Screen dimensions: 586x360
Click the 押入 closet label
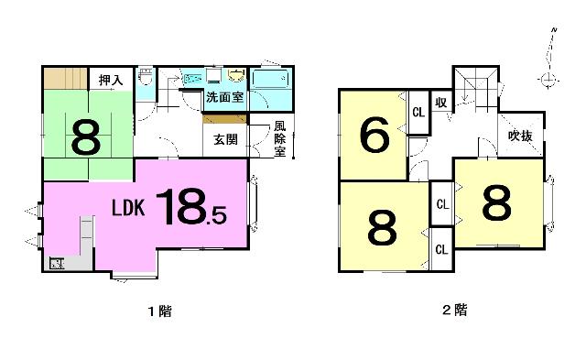coord(111,80)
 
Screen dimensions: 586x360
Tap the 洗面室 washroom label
coord(224,97)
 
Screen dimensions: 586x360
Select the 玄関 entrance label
coord(225,139)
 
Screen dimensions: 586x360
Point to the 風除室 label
coord(279,138)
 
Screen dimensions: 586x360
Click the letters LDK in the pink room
coord(128,208)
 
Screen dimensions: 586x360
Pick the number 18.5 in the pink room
coord(191,207)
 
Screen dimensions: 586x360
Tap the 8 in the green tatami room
coord(86,137)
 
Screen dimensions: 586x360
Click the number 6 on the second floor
coord(374,135)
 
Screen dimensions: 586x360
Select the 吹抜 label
coord(520,136)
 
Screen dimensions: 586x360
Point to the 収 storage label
coord(441,102)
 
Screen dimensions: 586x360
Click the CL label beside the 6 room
coord(418,112)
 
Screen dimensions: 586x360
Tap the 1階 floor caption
coord(160,311)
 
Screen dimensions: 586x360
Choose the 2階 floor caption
coord(455,310)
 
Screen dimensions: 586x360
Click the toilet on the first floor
coord(146,76)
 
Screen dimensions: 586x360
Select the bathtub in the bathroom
coord(271,79)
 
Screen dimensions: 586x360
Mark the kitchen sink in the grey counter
coord(57,264)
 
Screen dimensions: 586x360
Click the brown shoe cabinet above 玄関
coord(224,119)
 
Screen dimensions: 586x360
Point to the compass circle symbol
coord(548,80)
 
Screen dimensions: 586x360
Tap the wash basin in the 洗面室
coord(236,75)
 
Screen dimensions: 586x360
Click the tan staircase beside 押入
coord(66,79)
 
